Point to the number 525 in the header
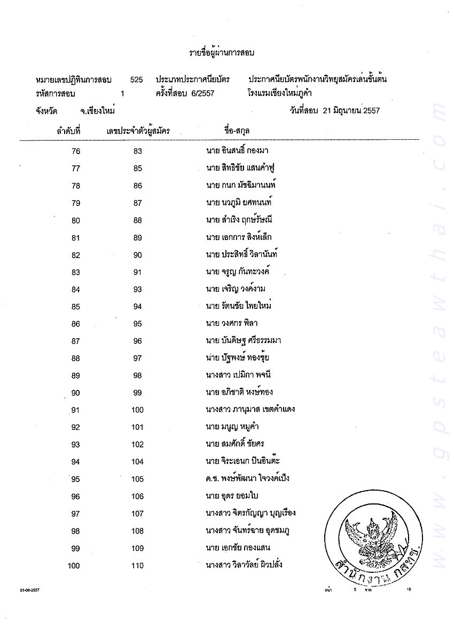[136, 79]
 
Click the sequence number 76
[75, 151]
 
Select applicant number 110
[137, 565]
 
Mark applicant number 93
[137, 289]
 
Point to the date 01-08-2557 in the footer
[30, 590]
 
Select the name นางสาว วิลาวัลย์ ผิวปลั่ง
[244, 565]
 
